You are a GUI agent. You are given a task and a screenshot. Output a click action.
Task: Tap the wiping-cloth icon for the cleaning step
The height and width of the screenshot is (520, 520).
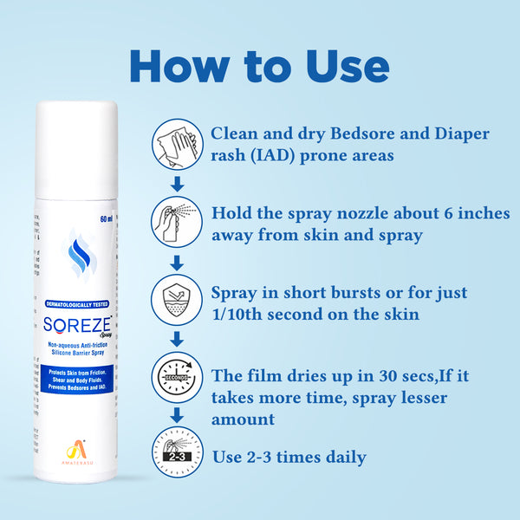coord(177,144)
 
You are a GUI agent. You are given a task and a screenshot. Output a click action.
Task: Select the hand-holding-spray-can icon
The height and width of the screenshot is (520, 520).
coord(177,221)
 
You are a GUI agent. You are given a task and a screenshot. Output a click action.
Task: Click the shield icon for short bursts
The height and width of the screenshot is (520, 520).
coord(177,299)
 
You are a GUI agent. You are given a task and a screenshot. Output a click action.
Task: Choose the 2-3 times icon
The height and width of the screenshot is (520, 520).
coord(177,453)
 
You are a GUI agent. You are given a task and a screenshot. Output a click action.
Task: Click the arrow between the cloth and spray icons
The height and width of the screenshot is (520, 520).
coord(177,183)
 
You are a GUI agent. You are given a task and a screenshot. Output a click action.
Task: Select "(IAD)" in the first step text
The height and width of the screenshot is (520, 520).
coord(269,157)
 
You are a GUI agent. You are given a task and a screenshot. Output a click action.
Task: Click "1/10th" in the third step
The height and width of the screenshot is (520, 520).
coord(239,315)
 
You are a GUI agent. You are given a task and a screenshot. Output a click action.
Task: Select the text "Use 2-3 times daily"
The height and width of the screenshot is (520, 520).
coord(289,457)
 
